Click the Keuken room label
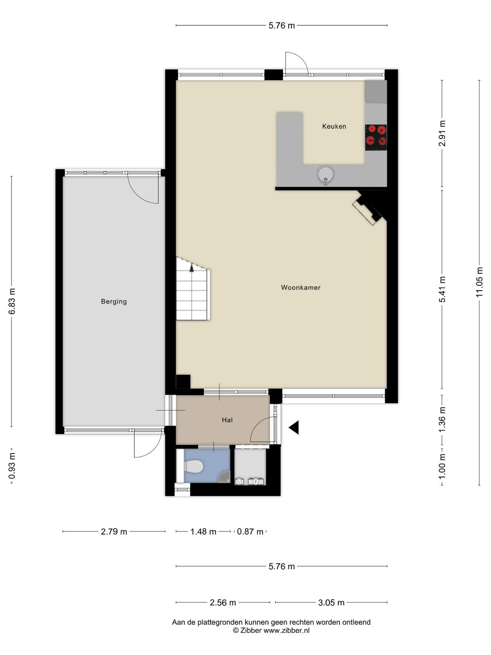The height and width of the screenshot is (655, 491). (x=334, y=126)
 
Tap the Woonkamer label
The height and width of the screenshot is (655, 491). (x=300, y=287)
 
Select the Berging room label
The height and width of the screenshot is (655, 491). (x=114, y=301)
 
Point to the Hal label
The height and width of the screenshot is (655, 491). (x=227, y=420)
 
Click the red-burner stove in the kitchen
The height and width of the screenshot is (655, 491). (x=376, y=138)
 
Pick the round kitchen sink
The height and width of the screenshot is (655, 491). (x=326, y=175)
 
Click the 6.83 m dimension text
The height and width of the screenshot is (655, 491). (x=11, y=301)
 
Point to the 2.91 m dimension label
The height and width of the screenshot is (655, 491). (x=442, y=133)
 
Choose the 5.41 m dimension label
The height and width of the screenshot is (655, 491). (x=442, y=289)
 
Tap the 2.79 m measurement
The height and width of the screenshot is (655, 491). (x=114, y=531)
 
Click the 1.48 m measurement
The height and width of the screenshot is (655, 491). (x=203, y=531)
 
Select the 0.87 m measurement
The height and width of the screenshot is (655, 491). (x=250, y=531)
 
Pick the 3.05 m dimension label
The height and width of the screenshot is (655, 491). (x=331, y=603)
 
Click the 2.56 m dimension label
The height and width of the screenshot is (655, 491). (x=223, y=603)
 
